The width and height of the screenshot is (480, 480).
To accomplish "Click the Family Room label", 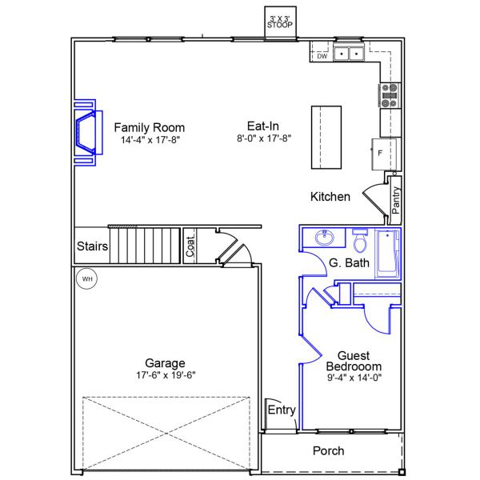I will pyautogui.click(x=149, y=127).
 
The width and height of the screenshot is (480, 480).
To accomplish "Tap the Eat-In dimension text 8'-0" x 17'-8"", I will pyautogui.click(x=263, y=138).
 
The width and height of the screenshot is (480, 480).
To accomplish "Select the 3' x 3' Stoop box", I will pyautogui.click(x=280, y=22).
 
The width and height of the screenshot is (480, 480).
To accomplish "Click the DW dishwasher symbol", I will pyautogui.click(x=321, y=56).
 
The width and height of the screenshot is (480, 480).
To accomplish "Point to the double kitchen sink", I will pyautogui.click(x=349, y=54).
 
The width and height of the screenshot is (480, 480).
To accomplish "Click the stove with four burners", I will pyautogui.click(x=390, y=95).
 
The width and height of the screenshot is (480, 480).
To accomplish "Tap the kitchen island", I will pyautogui.click(x=326, y=136).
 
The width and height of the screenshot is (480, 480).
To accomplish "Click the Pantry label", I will pyautogui.click(x=396, y=199).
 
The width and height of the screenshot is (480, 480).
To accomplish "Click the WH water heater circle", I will pyautogui.click(x=86, y=279).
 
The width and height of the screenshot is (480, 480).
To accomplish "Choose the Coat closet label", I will pyautogui.click(x=190, y=246).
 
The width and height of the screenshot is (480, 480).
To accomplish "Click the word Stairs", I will pyautogui.click(x=92, y=246).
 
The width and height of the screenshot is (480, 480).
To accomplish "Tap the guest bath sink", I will pyautogui.click(x=325, y=238).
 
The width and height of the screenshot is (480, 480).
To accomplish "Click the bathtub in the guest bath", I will pyautogui.click(x=387, y=254).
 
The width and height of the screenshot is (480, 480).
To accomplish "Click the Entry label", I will pyautogui.click(x=282, y=410).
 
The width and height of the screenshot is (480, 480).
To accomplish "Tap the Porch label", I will pyautogui.click(x=328, y=451).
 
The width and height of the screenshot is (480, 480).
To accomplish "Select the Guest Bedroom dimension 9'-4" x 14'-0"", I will pyautogui.click(x=352, y=378).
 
